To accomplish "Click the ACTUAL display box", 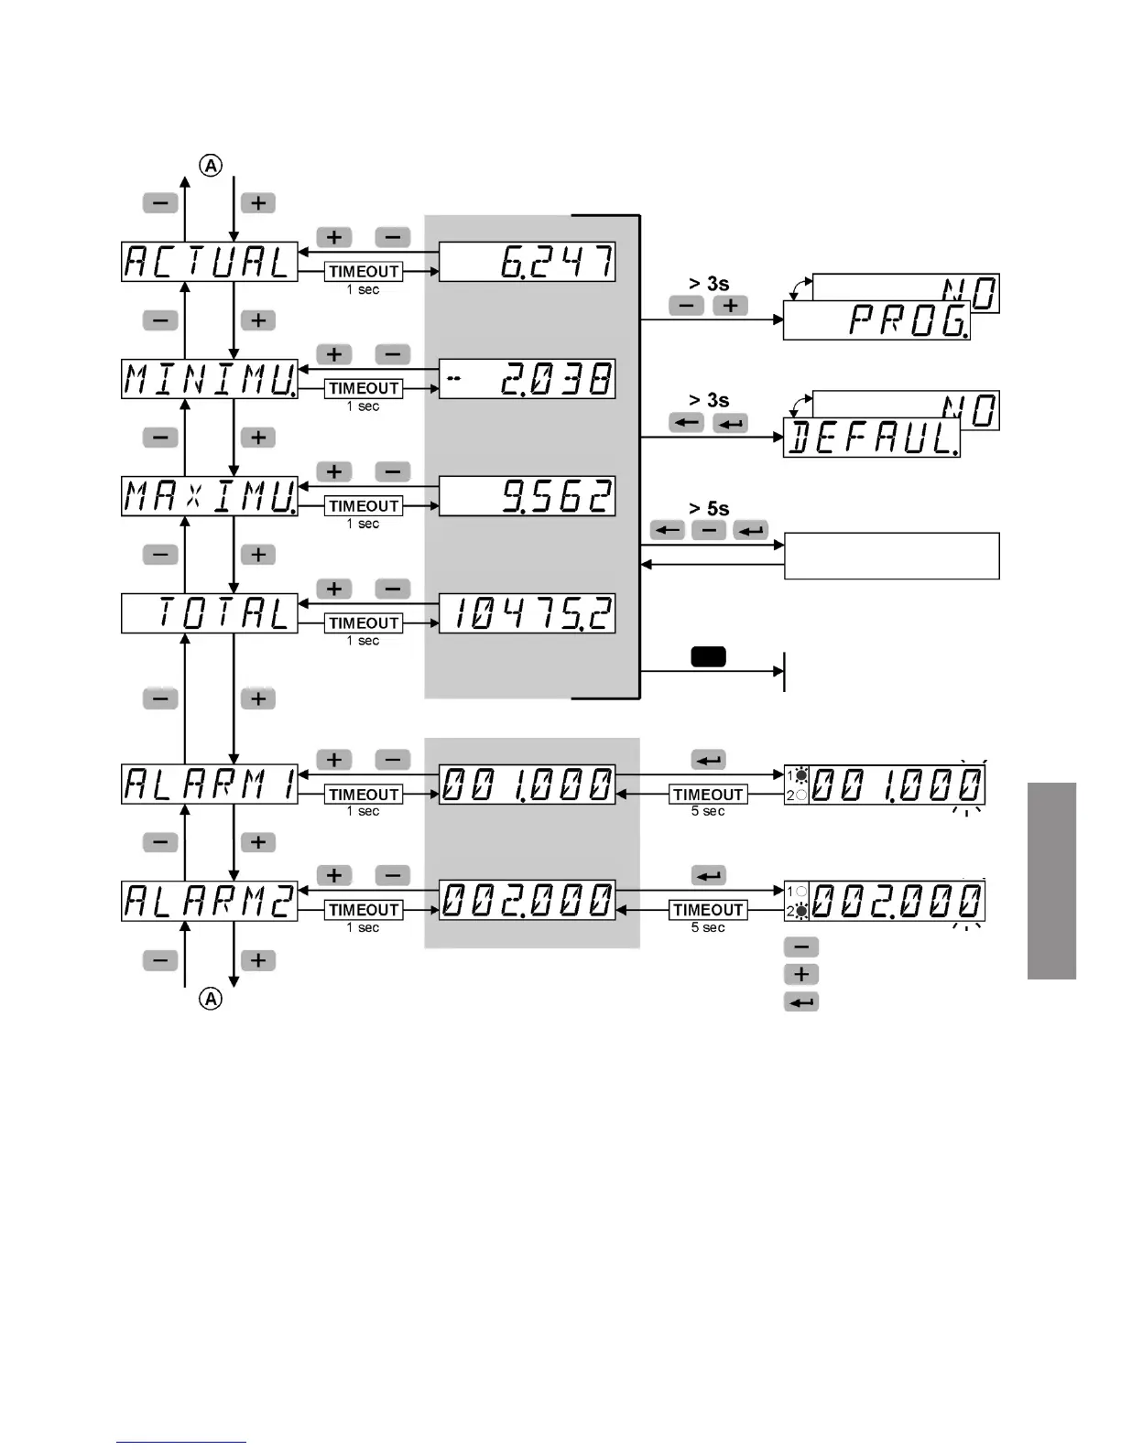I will pyautogui.click(x=210, y=262).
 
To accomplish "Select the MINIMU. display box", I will pyautogui.click(x=210, y=379).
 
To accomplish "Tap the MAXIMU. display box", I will pyautogui.click(x=210, y=496).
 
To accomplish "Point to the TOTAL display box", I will pyautogui.click(x=210, y=613).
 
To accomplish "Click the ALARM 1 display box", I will pyautogui.click(x=210, y=785).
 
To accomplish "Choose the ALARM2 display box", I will pyautogui.click(x=210, y=902).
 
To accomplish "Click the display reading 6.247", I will pyautogui.click(x=527, y=262).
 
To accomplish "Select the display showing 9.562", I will pyautogui.click(x=527, y=496).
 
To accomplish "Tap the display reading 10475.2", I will pyautogui.click(x=527, y=613).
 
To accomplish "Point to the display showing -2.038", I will pyautogui.click(x=527, y=379).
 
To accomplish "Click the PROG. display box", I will pyautogui.click(x=876, y=321).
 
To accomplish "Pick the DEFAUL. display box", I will pyautogui.click(x=871, y=438).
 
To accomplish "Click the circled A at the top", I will pyautogui.click(x=212, y=166).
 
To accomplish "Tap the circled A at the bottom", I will pyautogui.click(x=212, y=999).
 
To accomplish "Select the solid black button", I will pyautogui.click(x=708, y=656).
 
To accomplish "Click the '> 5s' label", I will pyautogui.click(x=709, y=509).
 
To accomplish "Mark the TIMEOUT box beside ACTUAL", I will pyautogui.click(x=364, y=272).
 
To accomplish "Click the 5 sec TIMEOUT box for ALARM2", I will pyautogui.click(x=708, y=910).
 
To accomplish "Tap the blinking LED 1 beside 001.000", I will pyautogui.click(x=801, y=775).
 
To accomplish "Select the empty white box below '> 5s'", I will pyautogui.click(x=891, y=556).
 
